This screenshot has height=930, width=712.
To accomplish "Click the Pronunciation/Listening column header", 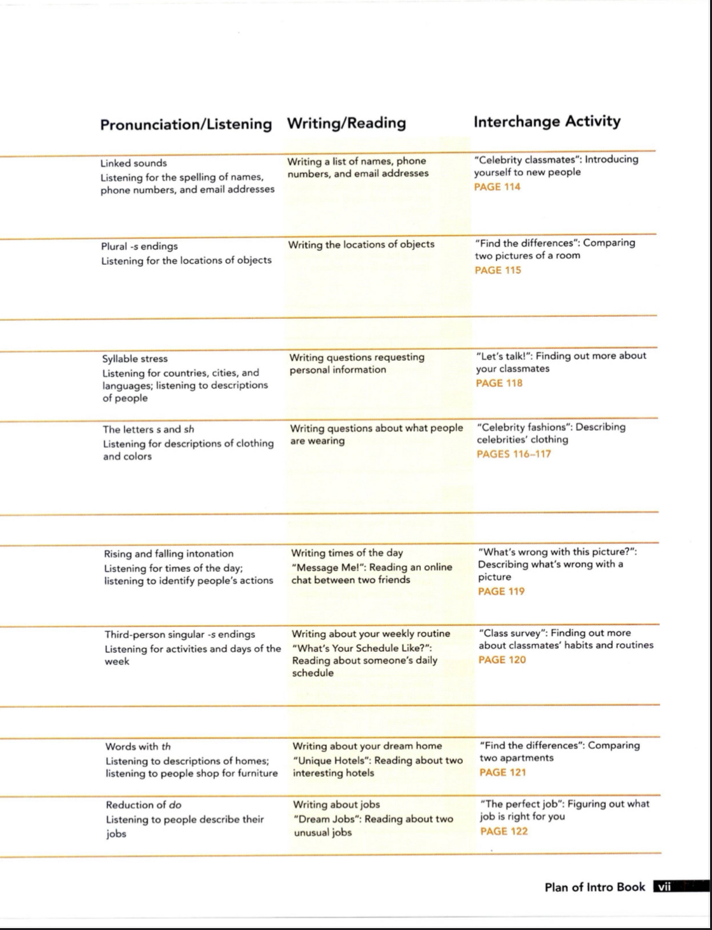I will [x=186, y=124].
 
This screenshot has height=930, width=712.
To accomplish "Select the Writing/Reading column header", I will [x=346, y=123].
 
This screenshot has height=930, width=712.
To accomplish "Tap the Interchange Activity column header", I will [x=547, y=121].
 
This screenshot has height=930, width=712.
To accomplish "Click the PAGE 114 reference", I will [x=497, y=187].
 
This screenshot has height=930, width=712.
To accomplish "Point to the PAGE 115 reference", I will [x=498, y=270].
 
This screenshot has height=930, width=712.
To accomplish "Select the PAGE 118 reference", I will [x=499, y=383].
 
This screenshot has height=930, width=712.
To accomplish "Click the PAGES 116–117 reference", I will [x=514, y=454].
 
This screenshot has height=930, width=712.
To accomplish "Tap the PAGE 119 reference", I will [x=502, y=591].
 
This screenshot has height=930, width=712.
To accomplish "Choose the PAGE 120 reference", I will [x=502, y=660].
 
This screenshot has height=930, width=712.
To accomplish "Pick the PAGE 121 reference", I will [x=503, y=772].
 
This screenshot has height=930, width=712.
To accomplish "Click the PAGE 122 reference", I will [x=504, y=831].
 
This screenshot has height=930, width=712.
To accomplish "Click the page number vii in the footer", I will [x=664, y=887].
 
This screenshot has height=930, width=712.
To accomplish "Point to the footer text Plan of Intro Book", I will [x=594, y=887].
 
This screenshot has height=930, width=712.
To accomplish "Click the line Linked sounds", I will [x=133, y=163].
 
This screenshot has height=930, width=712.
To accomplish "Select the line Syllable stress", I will [x=135, y=359].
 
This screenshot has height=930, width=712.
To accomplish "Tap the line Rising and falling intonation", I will [x=168, y=554].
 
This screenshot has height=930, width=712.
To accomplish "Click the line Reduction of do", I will [x=144, y=805].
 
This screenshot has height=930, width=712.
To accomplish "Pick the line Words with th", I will [x=138, y=746].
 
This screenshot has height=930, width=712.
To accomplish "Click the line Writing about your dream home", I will [x=367, y=746].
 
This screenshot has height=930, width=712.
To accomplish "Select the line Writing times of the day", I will [x=347, y=553].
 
